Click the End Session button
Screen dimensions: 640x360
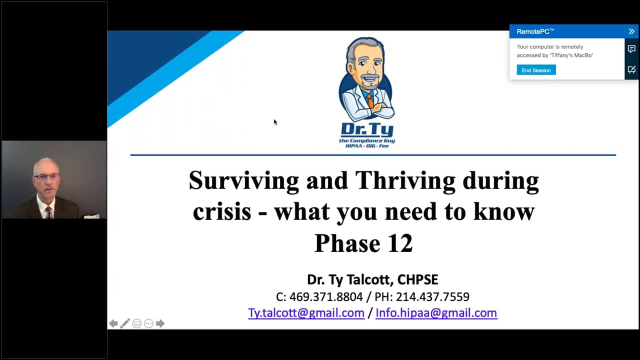[536, 70]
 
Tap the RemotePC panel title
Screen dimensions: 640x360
[535, 31]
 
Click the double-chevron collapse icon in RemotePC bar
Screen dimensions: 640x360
[631, 31]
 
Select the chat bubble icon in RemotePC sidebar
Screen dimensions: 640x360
[631, 49]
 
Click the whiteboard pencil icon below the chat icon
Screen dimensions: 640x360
[631, 69]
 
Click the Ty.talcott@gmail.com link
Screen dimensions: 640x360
[306, 313]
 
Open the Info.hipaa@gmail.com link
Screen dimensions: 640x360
[436, 313]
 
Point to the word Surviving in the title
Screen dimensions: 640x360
[243, 181]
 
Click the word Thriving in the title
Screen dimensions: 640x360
[405, 181]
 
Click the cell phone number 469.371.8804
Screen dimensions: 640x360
[326, 297]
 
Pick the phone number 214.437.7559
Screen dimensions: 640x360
[432, 297]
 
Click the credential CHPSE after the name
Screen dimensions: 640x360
[417, 279]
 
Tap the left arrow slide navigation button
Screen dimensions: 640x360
[113, 323]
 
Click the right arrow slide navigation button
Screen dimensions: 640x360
[160, 323]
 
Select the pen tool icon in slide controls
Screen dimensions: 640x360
[125, 323]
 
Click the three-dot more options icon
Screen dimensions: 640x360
[148, 323]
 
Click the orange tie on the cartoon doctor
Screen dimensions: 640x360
[370, 100]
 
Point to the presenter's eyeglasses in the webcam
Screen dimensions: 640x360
[47, 176]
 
